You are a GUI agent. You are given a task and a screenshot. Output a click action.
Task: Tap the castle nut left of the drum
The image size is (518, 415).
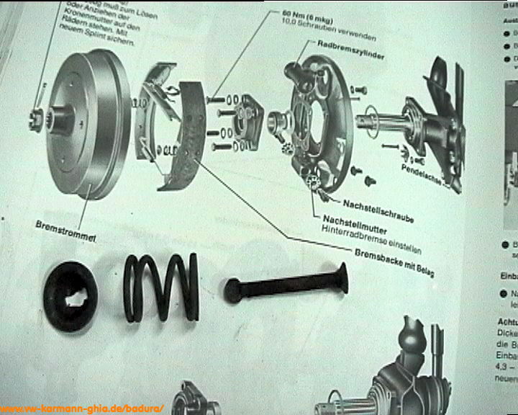pyautogui.click(x=35, y=118)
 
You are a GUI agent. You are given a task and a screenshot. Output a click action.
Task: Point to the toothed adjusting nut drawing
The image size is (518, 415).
pyautogui.click(x=314, y=182)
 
